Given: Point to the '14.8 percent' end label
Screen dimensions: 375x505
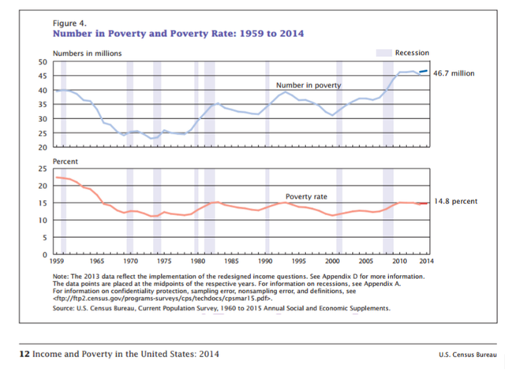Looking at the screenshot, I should click(x=455, y=202).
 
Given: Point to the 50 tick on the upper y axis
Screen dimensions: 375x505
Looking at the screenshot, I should click(x=44, y=61).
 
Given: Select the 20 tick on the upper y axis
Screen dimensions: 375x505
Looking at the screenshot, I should click(x=44, y=147).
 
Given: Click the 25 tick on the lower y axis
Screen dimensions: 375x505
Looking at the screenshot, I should click(x=44, y=169).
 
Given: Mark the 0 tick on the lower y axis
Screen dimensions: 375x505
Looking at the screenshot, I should click(x=47, y=254).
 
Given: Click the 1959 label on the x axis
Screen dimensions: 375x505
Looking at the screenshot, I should click(x=57, y=260).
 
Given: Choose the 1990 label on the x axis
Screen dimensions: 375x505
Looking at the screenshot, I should click(x=267, y=260).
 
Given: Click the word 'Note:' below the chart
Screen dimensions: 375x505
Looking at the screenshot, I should click(x=61, y=277).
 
